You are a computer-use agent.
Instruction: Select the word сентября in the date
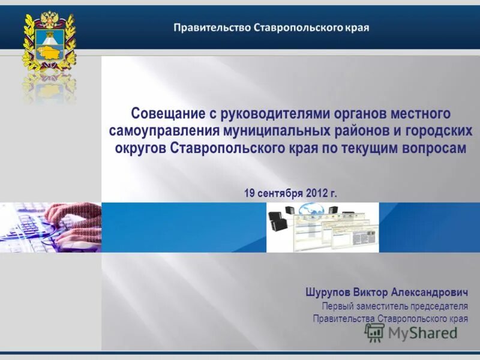(280, 193)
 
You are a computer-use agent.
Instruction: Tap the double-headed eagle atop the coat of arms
(49, 23)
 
